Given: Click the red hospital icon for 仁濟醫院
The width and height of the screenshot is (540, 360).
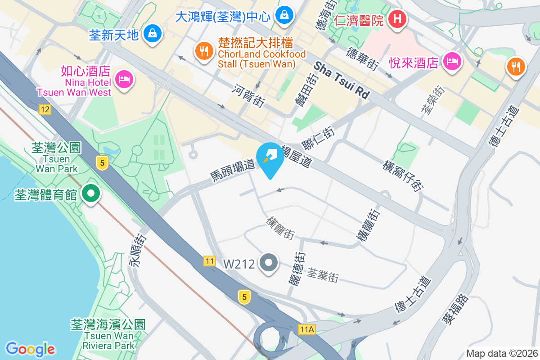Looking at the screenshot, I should [x=397, y=19].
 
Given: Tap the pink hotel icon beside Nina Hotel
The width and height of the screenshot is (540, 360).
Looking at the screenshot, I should [x=123, y=80].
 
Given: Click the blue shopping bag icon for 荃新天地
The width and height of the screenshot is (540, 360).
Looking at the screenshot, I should [x=153, y=33].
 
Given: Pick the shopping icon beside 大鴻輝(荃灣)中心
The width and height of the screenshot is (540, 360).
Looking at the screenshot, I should [x=284, y=15].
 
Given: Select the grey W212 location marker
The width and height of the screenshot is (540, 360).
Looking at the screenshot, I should [x=269, y=262].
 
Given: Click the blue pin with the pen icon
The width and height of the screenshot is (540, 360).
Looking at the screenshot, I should [x=270, y=156].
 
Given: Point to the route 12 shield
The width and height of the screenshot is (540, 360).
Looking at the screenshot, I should [x=45, y=109].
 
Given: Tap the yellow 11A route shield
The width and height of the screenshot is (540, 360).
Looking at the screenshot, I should [x=306, y=329].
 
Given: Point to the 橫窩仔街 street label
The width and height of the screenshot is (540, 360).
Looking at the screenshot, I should [x=403, y=175].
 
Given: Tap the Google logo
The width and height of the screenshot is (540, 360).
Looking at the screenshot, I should [x=30, y=349].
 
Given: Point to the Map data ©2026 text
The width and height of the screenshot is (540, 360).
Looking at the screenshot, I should [x=501, y=353].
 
